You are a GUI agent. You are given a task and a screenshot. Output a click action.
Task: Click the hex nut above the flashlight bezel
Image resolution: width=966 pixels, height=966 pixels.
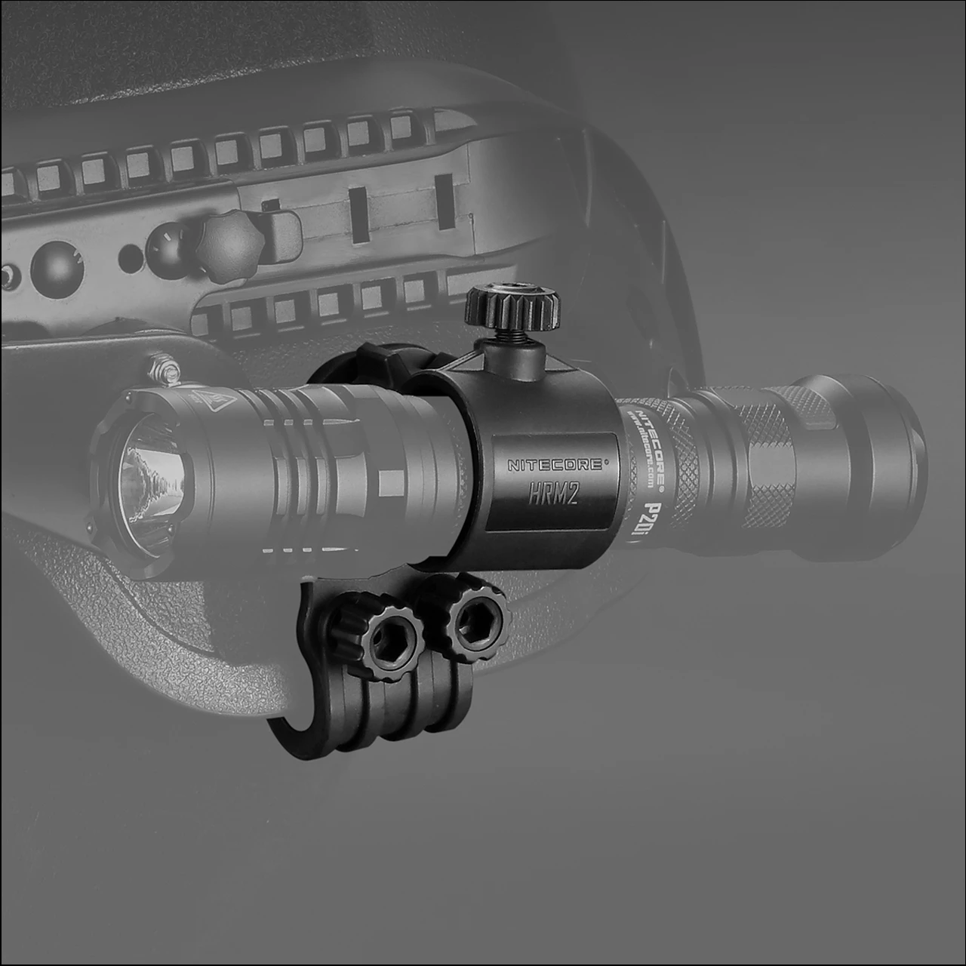click(164, 369)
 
